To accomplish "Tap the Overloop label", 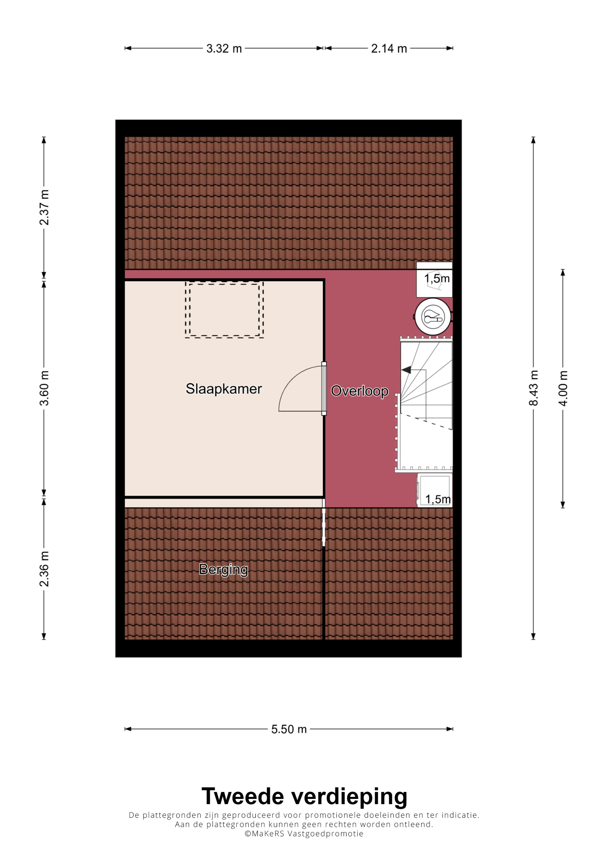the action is click(x=360, y=391).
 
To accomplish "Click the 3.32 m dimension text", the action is click(x=224, y=49).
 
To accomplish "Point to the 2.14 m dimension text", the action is click(x=389, y=49).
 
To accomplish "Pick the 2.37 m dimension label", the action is click(x=44, y=208).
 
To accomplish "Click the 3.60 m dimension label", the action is click(x=44, y=388).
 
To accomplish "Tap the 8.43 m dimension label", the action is click(x=534, y=388).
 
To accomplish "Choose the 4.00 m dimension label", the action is click(x=563, y=388).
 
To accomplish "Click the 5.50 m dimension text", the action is click(x=289, y=729).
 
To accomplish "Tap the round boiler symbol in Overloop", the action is click(x=433, y=317).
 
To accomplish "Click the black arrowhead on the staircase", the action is click(x=406, y=370).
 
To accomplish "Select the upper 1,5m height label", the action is click(x=437, y=279).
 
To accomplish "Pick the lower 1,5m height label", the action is click(x=438, y=499).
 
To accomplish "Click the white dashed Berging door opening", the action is click(x=324, y=527).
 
